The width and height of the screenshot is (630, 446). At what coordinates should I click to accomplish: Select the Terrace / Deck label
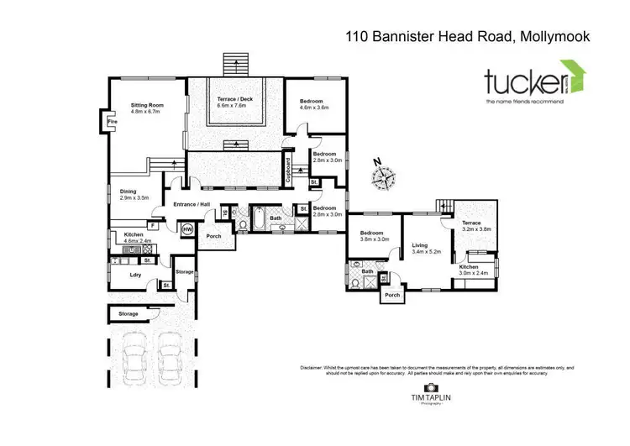pyautogui.click(x=235, y=100)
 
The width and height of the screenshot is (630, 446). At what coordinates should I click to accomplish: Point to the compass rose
pyautogui.click(x=386, y=177)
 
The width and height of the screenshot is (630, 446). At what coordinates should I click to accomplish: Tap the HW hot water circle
pyautogui.click(x=186, y=228)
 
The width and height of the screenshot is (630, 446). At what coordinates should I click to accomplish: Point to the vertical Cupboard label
pyautogui.click(x=288, y=171)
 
